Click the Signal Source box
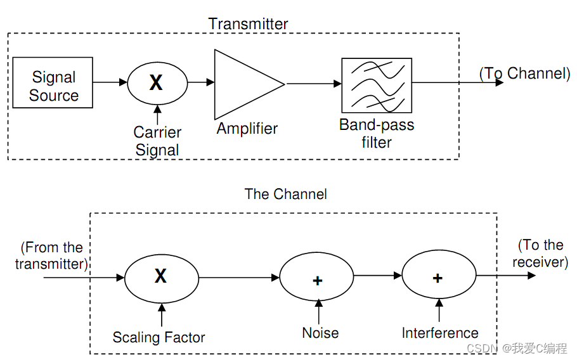click(53, 82)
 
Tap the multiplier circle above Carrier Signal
click(157, 82)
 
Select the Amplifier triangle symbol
click(244, 84)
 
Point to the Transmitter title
click(248, 24)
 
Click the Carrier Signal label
click(157, 141)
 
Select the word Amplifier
click(247, 129)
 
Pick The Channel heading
click(286, 194)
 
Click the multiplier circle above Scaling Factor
click(161, 277)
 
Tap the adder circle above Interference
click(439, 277)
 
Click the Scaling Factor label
click(159, 337)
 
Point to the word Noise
click(320, 333)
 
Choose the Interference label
click(440, 333)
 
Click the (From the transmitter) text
click(51, 255)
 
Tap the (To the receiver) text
click(540, 254)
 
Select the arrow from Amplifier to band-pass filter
click(313, 83)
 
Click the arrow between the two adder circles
click(377, 275)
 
